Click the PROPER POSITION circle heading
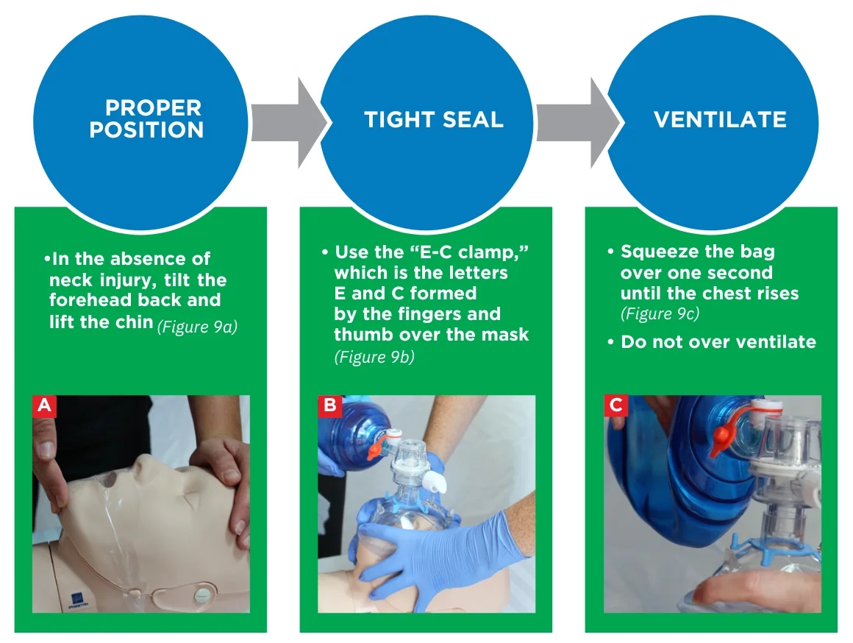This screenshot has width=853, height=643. (x=146, y=118)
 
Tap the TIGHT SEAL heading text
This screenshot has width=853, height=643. (x=434, y=120)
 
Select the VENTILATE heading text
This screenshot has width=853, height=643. (x=720, y=120)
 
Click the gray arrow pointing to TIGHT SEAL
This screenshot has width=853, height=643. (x=289, y=123)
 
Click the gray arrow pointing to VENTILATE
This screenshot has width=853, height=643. (x=577, y=123)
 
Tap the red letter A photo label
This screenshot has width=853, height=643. (x=45, y=406)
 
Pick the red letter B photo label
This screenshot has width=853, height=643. (x=330, y=406)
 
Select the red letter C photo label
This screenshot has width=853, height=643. (x=615, y=406)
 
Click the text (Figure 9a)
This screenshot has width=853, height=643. (x=198, y=327)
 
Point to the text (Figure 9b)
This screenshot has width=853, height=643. (x=374, y=357)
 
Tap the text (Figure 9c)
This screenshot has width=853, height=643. (x=660, y=313)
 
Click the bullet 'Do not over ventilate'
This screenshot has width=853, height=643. (x=712, y=342)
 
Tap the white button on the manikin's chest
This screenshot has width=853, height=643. (x=201, y=592)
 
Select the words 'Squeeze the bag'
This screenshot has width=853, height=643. (x=698, y=252)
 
